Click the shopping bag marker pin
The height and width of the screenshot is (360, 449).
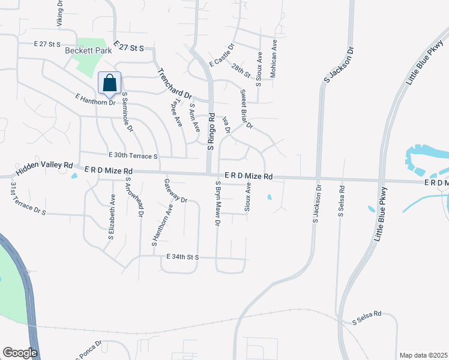110,83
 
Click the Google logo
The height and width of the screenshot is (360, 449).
20,353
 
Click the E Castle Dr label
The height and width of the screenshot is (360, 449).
221,54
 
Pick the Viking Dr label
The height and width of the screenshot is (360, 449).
59,13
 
